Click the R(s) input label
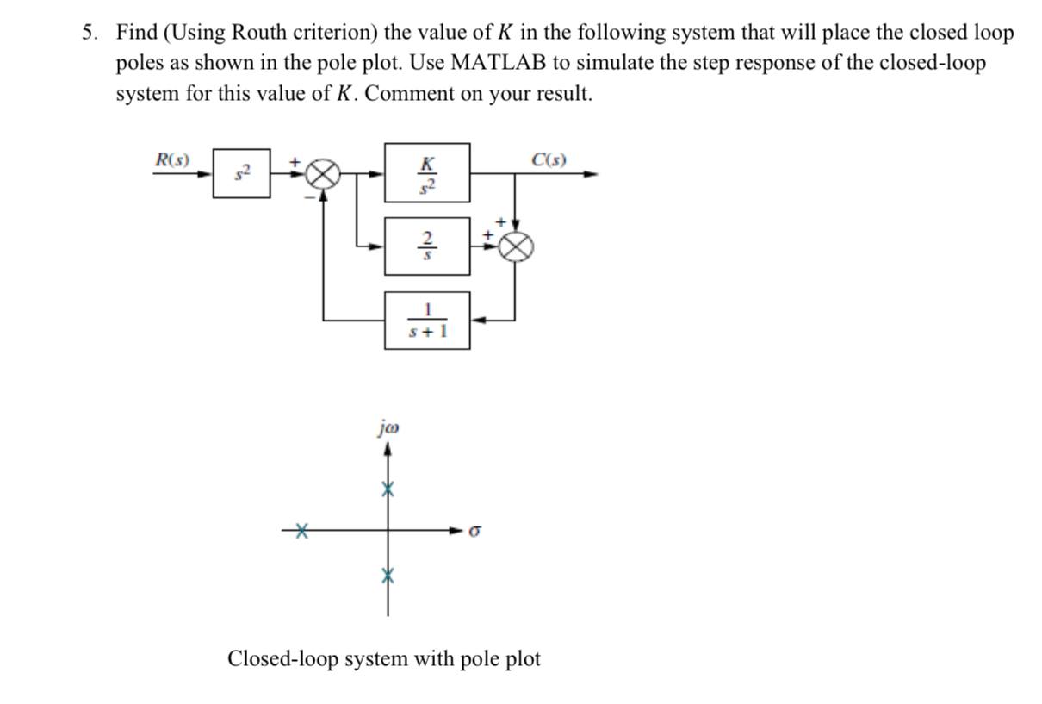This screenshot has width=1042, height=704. (x=172, y=159)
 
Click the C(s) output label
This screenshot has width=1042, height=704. (x=549, y=159)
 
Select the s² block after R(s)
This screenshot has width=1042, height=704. (x=241, y=173)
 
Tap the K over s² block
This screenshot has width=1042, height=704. (x=427, y=172)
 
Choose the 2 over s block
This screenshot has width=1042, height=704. (x=427, y=246)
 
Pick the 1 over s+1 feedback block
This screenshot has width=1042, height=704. (x=427, y=320)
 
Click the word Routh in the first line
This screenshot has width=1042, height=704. (x=233, y=33)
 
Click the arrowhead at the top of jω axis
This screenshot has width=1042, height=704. (x=388, y=449)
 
